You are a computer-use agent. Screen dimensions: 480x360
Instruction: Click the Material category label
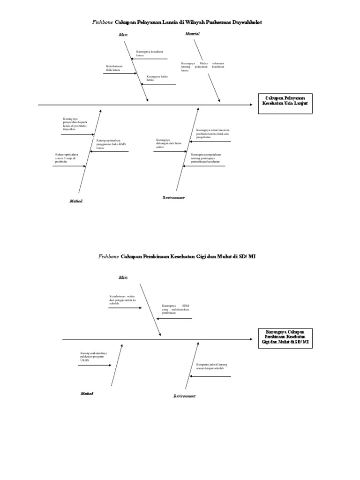click(x=192, y=34)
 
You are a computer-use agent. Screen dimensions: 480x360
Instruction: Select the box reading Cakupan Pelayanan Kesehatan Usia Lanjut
click(x=284, y=103)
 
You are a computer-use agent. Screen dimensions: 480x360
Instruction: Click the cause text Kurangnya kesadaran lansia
click(x=146, y=53)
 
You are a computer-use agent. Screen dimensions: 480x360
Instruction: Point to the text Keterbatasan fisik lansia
click(x=114, y=68)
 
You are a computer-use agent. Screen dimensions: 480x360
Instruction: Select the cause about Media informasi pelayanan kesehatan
click(x=202, y=66)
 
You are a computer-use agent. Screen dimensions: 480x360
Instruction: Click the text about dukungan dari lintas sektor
click(x=169, y=143)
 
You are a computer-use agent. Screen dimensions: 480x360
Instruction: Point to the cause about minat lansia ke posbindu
click(x=213, y=134)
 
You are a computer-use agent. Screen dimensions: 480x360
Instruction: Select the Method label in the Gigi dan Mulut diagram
click(x=87, y=394)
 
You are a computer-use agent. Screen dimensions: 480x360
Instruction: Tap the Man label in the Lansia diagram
click(x=123, y=35)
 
